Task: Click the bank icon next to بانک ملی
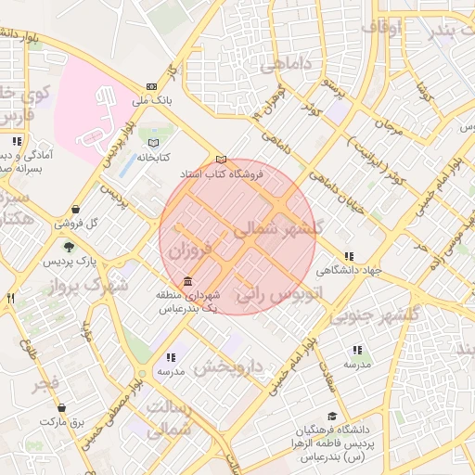click(152, 86)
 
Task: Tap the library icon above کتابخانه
click(153, 143)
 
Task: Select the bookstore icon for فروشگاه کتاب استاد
click(220, 159)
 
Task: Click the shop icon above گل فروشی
click(74, 209)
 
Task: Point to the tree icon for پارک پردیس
click(69, 247)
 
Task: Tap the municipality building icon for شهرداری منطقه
click(188, 281)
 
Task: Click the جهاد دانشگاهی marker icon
click(349, 256)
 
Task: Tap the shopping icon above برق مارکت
click(62, 407)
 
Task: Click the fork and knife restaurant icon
click(11, 298)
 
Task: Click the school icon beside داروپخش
click(171, 356)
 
